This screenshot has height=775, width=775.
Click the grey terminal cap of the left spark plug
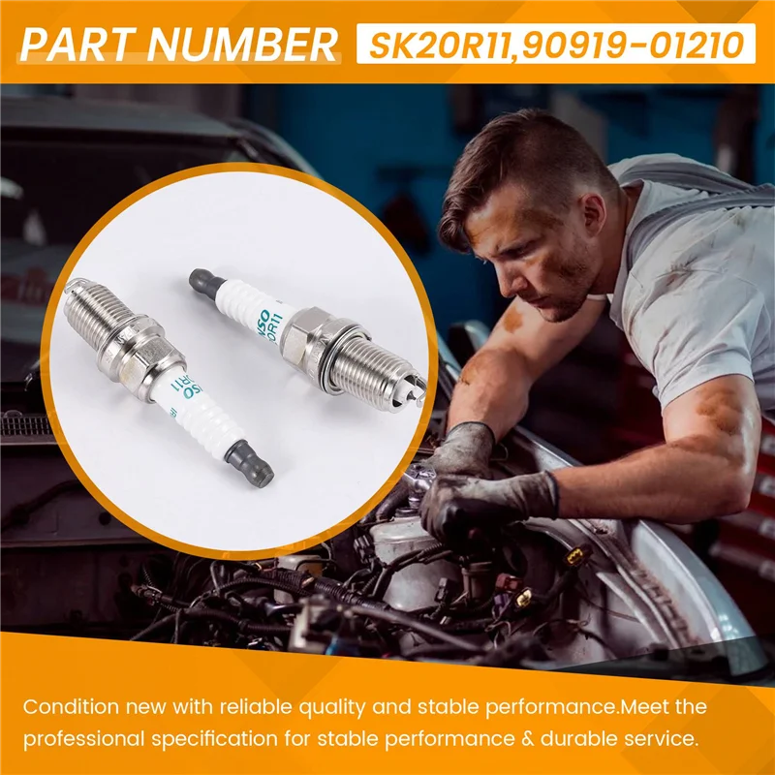click(253, 465)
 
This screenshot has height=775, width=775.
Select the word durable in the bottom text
click(571, 738)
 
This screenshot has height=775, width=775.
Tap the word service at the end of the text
click(660, 738)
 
